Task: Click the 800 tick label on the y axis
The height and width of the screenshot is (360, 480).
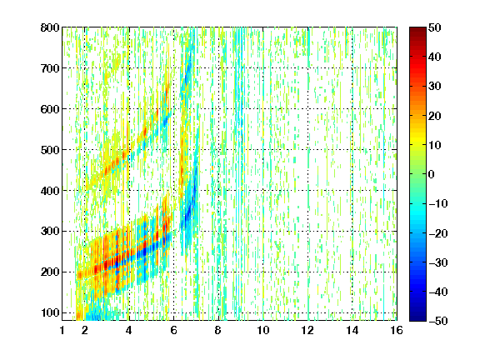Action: (50, 27)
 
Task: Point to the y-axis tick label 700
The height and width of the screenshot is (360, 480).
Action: (50, 68)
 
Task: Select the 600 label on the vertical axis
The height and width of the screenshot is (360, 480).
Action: (50, 109)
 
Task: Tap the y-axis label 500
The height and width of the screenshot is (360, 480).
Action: (50, 150)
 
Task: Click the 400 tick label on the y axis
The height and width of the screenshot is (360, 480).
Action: (50, 191)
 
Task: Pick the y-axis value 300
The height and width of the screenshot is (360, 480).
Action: (50, 232)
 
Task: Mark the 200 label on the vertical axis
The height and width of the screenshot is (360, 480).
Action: (50, 272)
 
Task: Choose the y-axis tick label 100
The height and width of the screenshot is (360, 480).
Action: (50, 312)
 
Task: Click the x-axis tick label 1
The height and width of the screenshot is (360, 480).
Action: (62, 331)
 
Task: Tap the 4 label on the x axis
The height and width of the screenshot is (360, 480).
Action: (129, 331)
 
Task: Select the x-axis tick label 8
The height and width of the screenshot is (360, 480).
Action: (218, 331)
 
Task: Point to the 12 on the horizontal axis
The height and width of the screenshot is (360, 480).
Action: (307, 331)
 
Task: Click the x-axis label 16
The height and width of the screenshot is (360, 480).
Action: (397, 331)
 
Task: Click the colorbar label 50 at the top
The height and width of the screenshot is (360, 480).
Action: (434, 27)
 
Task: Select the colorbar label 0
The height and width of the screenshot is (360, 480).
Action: (432, 174)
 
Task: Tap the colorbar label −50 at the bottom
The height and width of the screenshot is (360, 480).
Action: (438, 321)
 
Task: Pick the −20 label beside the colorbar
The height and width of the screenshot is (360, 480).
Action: (438, 233)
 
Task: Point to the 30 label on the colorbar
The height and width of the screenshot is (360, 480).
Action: (434, 87)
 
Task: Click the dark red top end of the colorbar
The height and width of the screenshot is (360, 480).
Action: (417, 29)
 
